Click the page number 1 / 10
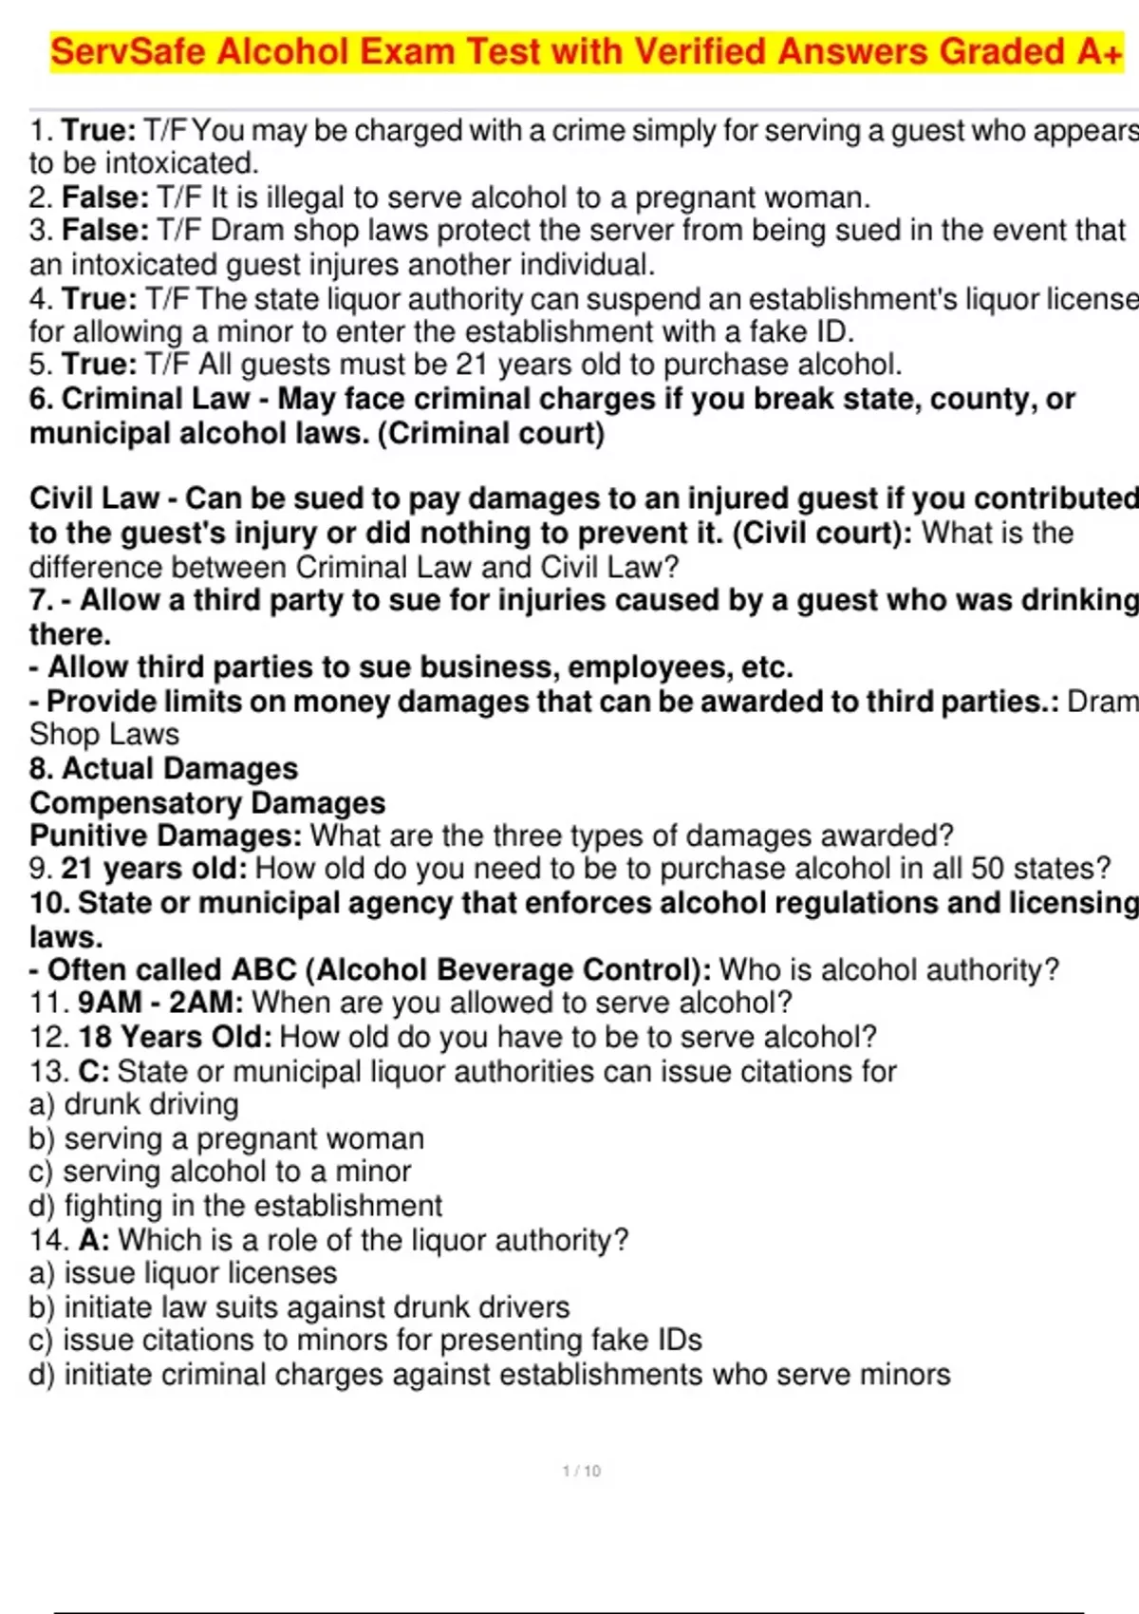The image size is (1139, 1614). point(581,1471)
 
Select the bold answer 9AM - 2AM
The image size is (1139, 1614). point(159,1003)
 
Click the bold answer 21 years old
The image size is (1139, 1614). point(153,869)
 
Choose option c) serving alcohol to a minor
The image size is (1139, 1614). point(220,1172)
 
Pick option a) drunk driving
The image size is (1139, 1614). point(134,1104)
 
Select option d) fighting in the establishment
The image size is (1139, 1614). point(235,1206)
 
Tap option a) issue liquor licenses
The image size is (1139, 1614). point(183,1273)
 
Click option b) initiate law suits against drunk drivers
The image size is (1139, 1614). point(299,1307)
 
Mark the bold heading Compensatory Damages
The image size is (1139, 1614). point(208,802)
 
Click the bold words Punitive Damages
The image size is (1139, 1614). point(164,835)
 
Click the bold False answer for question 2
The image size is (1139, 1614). point(104,197)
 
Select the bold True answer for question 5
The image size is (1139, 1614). point(99,365)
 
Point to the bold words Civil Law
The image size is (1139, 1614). point(94,498)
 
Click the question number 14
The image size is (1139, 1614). point(48,1240)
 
